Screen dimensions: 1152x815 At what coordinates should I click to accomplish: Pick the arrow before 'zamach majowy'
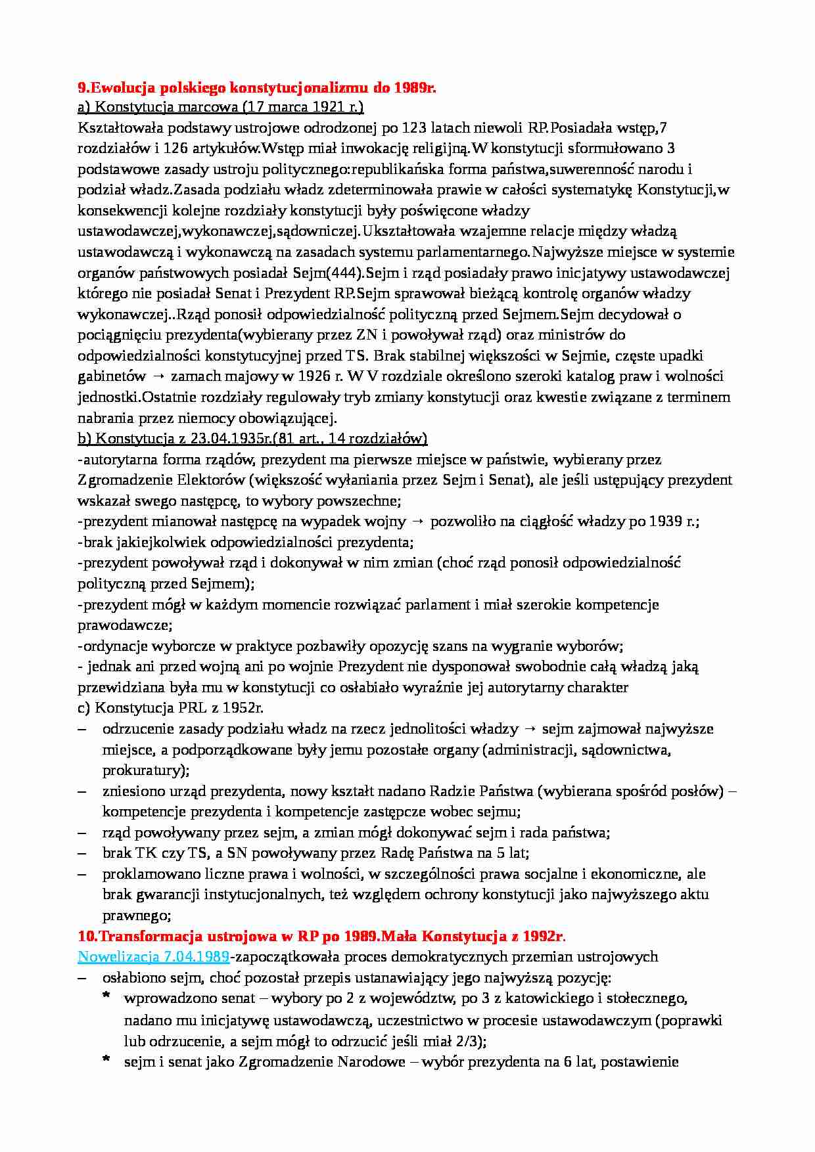click(x=158, y=376)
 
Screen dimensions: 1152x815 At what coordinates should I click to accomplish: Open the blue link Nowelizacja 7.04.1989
click(x=153, y=956)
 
